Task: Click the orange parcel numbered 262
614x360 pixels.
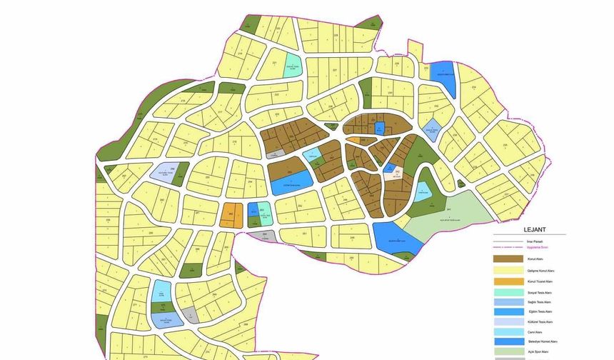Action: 230,215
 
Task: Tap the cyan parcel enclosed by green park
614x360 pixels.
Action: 423,190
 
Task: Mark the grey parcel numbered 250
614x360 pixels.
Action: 263,236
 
